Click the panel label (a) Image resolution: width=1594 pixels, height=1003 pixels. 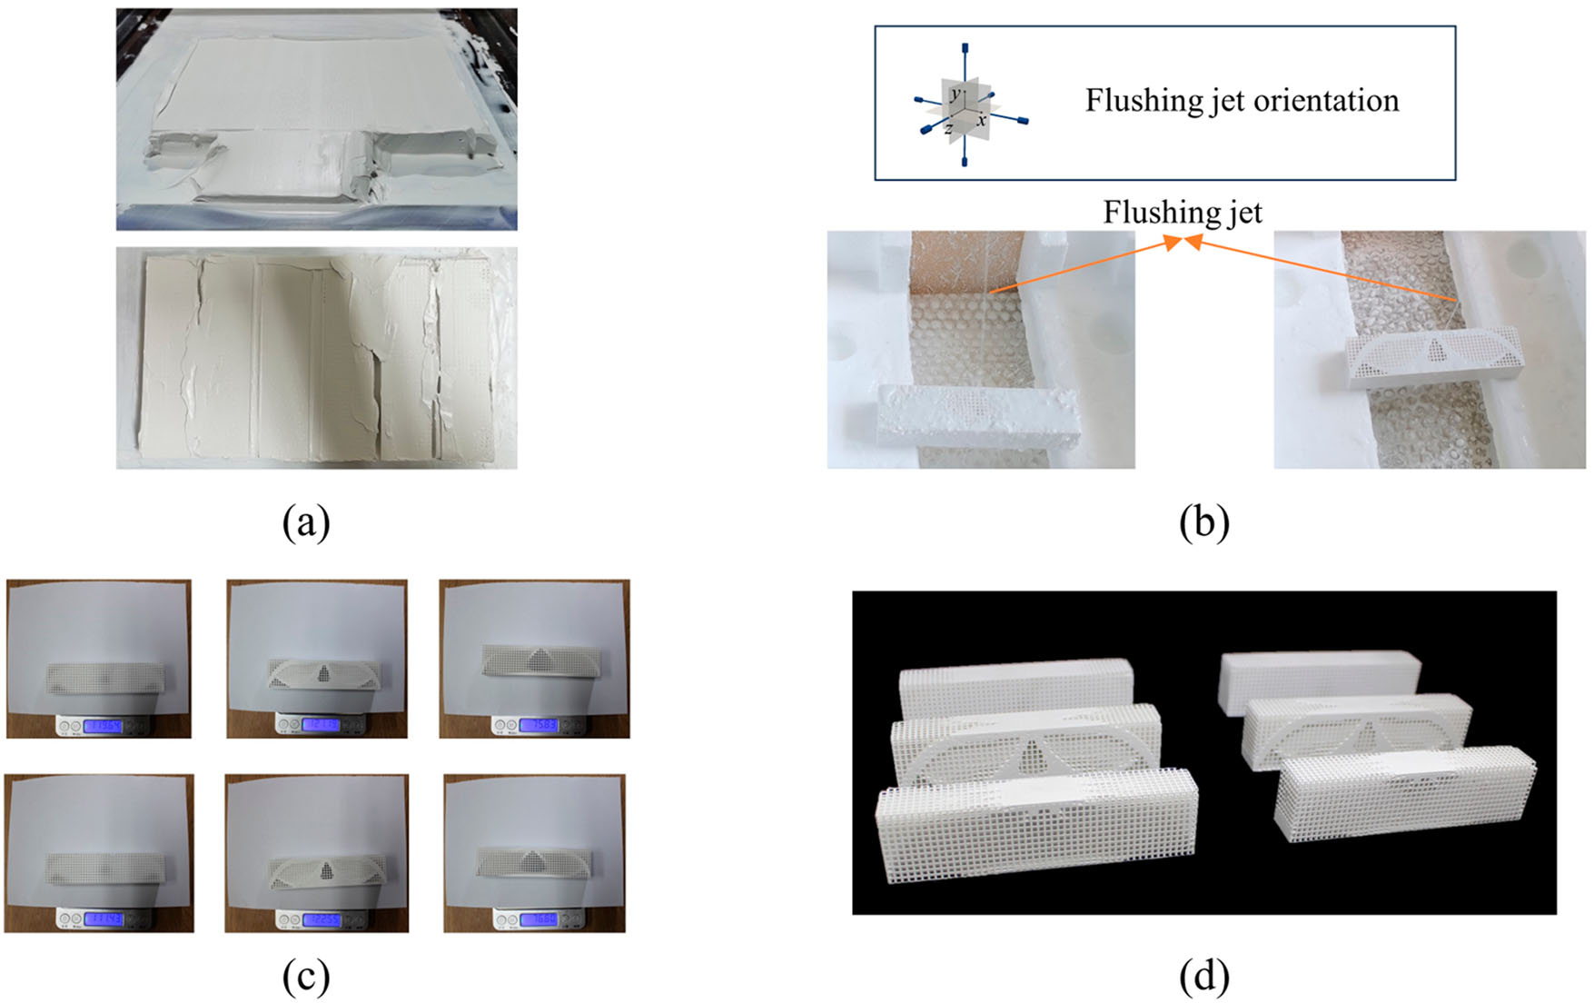tap(305, 522)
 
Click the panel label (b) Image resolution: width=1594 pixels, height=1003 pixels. tap(1203, 522)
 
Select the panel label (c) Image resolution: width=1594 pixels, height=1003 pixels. tap(305, 977)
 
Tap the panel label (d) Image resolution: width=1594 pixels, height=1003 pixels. tap(1203, 977)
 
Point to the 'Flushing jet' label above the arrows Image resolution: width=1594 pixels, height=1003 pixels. tap(1183, 212)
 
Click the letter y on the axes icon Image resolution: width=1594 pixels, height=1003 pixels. tap(955, 94)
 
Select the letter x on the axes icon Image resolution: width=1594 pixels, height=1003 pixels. tap(982, 120)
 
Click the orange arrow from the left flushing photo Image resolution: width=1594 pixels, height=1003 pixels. tap(1081, 266)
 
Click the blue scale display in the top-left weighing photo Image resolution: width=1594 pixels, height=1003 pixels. tap(102, 726)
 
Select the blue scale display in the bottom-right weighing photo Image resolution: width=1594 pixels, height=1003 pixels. tap(537, 919)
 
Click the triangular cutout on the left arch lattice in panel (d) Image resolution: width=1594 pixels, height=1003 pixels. tap(1033, 755)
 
